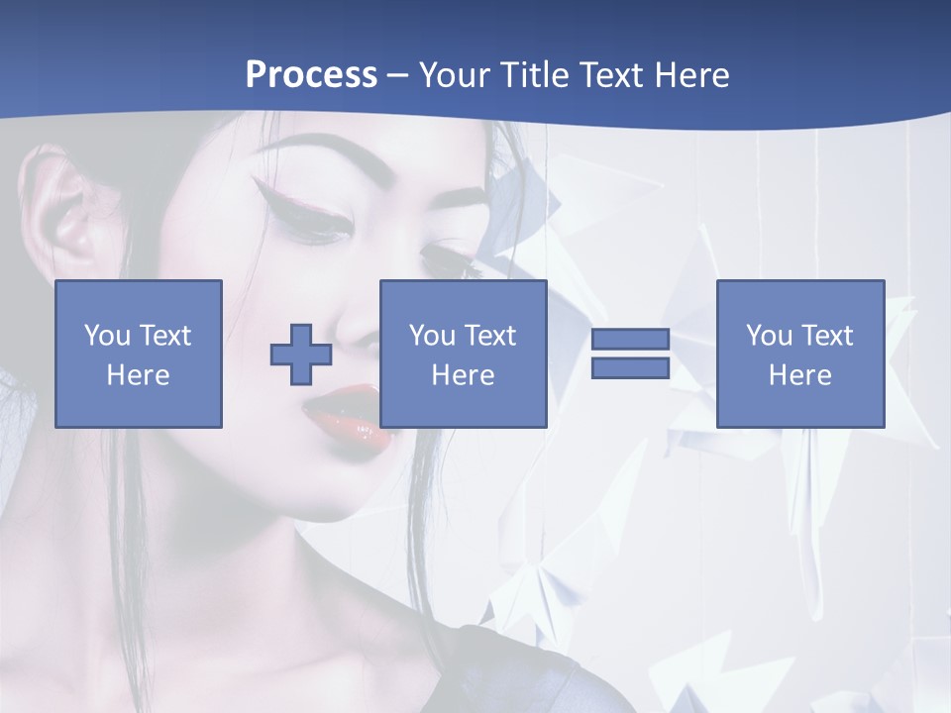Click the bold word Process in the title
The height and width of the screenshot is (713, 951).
pyautogui.click(x=311, y=74)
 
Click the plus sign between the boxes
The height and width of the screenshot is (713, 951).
pyautogui.click(x=301, y=355)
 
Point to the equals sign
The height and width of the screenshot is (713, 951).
pyautogui.click(x=630, y=354)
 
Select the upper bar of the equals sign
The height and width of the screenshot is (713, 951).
pyautogui.click(x=630, y=339)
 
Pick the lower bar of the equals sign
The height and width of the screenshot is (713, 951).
pyautogui.click(x=630, y=368)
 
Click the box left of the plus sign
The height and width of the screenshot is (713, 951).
pyautogui.click(x=139, y=354)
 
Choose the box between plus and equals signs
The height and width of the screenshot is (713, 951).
pyautogui.click(x=463, y=354)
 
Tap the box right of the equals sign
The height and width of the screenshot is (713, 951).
pyautogui.click(x=799, y=354)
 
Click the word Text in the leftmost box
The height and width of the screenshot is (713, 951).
pyautogui.click(x=166, y=336)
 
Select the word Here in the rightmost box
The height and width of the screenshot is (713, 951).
pyautogui.click(x=799, y=375)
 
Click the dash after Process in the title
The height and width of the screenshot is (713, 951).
pyautogui.click(x=397, y=75)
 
